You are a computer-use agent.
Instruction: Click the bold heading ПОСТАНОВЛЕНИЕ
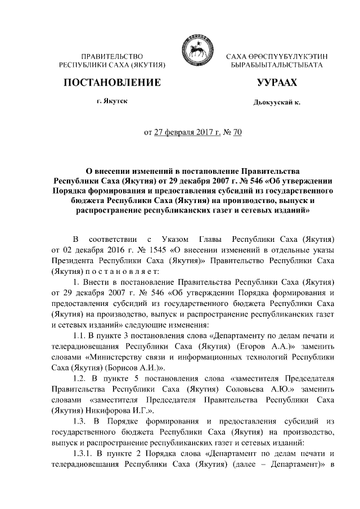[x=112, y=83]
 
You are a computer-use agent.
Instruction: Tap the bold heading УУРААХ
[x=276, y=83]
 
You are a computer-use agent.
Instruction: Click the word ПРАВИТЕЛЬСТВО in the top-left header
[x=112, y=57]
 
